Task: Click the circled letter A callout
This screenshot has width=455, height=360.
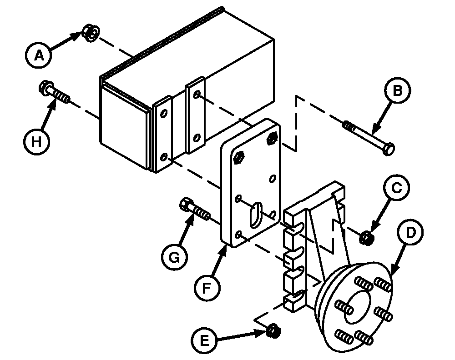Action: (39, 55)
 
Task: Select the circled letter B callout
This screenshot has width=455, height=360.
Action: (398, 90)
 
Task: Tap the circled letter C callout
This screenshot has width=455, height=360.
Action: (396, 188)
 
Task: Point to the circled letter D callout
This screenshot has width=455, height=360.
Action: (410, 232)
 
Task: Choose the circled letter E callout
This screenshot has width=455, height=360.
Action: (205, 340)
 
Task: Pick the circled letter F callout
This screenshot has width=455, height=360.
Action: (207, 288)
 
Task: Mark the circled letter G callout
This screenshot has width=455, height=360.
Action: (174, 257)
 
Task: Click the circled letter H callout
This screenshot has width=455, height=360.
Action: (36, 142)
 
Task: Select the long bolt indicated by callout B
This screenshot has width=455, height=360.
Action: (369, 138)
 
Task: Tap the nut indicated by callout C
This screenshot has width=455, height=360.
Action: (366, 238)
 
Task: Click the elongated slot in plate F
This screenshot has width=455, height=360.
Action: (256, 215)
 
